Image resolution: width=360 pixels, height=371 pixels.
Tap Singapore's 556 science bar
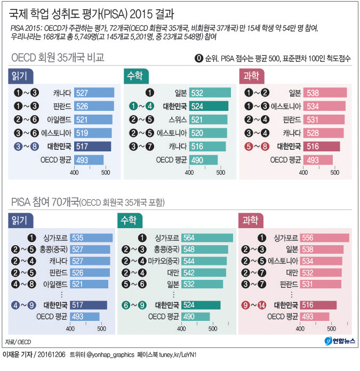tap(325, 238)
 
